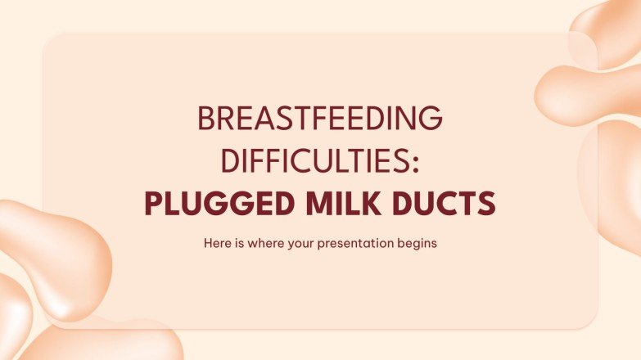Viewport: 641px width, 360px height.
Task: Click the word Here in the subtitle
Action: pos(210,244)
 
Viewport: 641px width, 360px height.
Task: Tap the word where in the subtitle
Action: pos(254,244)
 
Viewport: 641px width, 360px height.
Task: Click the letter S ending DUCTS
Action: pos(488,204)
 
